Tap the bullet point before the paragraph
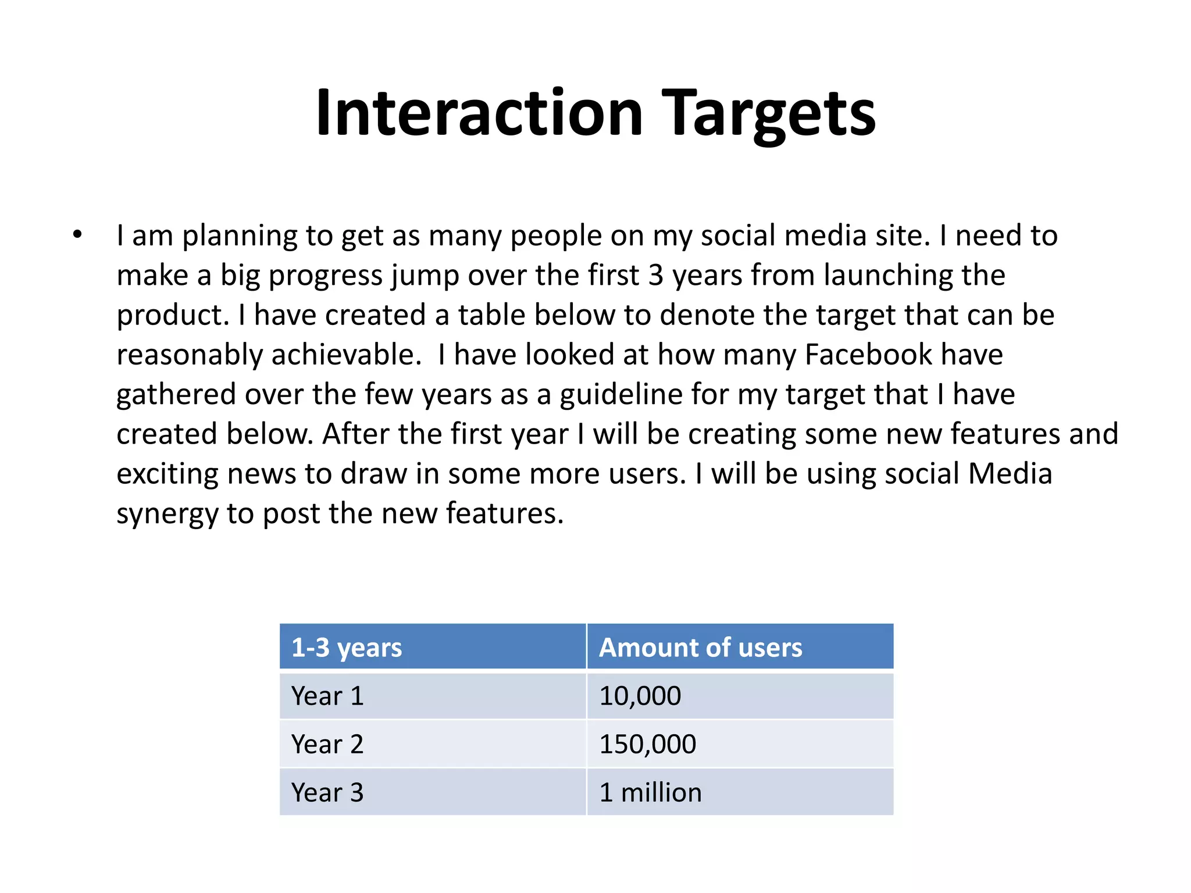[77, 235]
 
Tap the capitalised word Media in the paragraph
[1010, 473]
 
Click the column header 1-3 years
[347, 648]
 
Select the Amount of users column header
[700, 648]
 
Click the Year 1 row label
[327, 696]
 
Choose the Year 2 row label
[327, 744]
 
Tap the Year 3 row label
[327, 792]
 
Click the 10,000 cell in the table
[640, 696]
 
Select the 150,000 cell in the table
[647, 744]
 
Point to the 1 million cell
[650, 792]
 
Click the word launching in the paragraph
[888, 276]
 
